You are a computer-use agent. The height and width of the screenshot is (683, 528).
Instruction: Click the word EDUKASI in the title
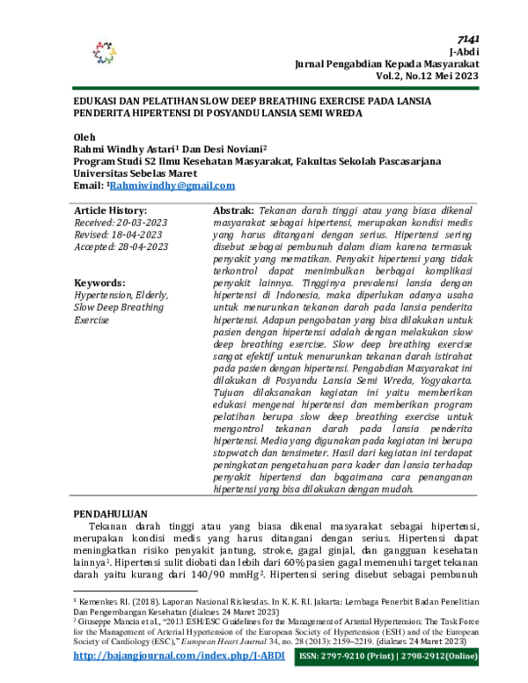[98, 102]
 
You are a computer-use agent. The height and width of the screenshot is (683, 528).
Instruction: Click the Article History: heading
[111, 211]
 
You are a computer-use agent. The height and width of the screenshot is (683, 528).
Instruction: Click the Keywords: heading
[99, 283]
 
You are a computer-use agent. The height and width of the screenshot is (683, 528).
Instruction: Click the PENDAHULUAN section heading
[110, 513]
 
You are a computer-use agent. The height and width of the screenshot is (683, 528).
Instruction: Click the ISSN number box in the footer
[394, 657]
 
